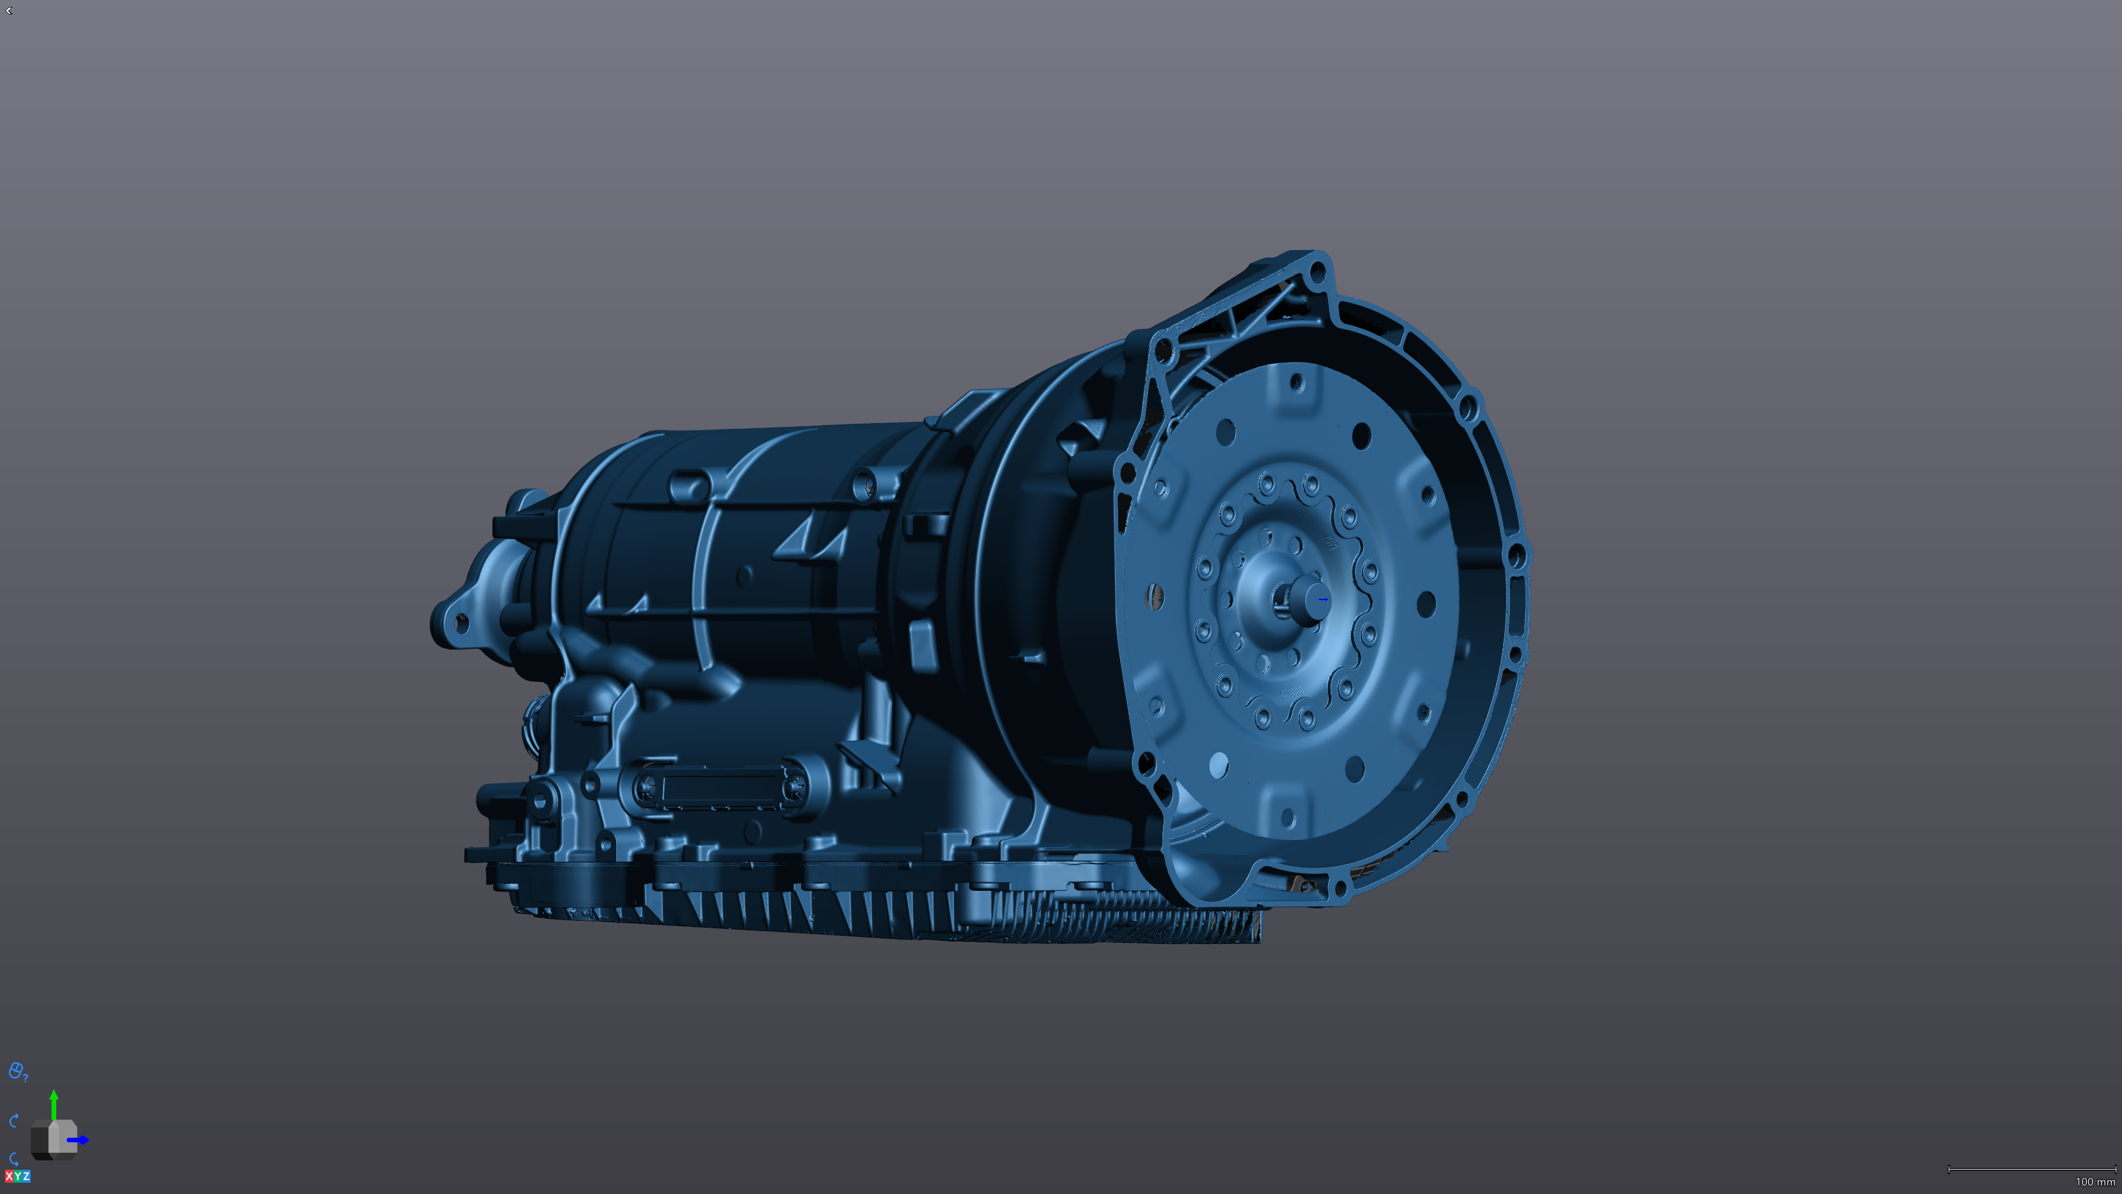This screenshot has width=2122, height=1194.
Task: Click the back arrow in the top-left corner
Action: click(x=9, y=11)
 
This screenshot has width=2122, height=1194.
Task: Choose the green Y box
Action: click(x=18, y=1176)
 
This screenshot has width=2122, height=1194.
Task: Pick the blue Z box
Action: click(x=26, y=1176)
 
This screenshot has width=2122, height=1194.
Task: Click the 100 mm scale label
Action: click(x=2095, y=1181)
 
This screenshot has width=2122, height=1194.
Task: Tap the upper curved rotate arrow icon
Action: click(x=14, y=1121)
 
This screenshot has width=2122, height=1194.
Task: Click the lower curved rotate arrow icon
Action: click(x=14, y=1158)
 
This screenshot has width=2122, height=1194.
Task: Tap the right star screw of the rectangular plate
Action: click(x=793, y=788)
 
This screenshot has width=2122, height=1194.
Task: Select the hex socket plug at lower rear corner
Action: click(x=539, y=800)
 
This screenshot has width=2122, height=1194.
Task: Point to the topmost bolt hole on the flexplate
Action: click(x=1296, y=383)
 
